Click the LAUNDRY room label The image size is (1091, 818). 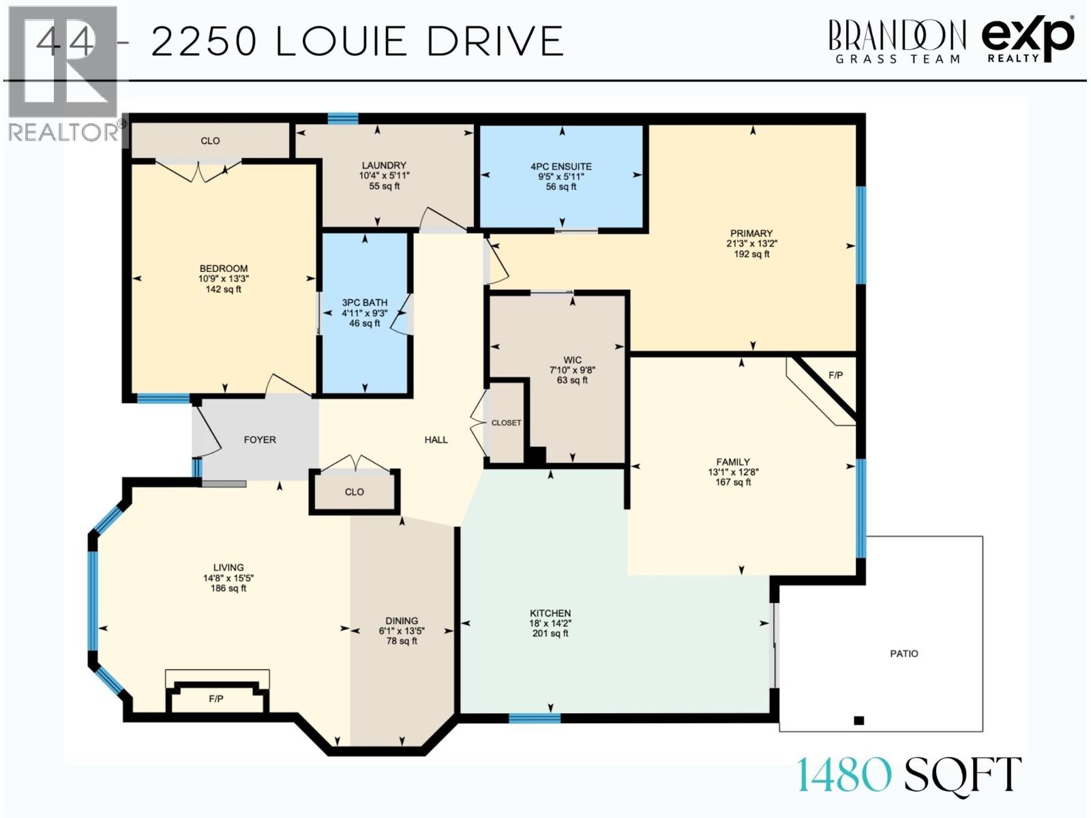pos(384,165)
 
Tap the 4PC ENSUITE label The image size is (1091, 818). pos(561,166)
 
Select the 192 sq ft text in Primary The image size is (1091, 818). pos(751,254)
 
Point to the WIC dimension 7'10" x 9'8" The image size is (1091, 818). pos(572,370)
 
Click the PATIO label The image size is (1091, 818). pos(903,654)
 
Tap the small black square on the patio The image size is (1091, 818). pos(859,721)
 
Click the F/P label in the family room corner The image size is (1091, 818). pos(835,376)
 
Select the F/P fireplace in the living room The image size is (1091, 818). pos(216,699)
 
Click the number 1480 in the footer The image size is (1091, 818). pos(844,775)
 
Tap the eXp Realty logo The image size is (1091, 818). pos(1028,40)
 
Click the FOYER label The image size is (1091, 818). pos(260,440)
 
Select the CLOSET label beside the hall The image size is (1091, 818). pos(506,423)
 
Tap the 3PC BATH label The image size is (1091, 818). pos(365,303)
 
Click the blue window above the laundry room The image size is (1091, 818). pos(342,119)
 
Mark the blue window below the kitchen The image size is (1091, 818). pos(535,718)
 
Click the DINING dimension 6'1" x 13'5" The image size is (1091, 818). pos(402,631)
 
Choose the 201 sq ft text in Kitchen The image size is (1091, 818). pos(550,633)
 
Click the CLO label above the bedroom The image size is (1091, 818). pos(210,141)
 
